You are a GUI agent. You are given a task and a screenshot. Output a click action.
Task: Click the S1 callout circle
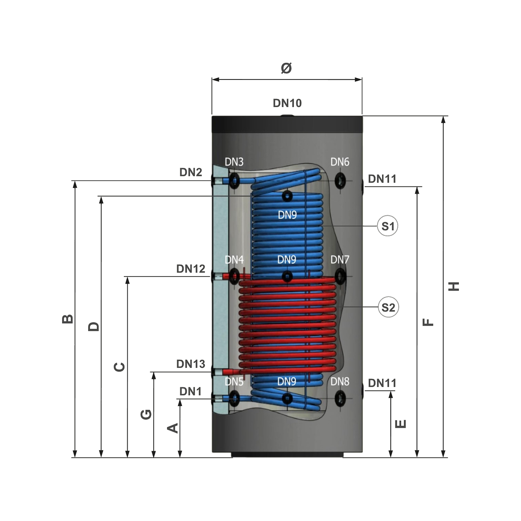387,226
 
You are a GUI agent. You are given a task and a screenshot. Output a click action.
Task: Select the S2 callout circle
388,307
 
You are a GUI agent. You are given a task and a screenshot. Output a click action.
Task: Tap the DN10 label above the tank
287,103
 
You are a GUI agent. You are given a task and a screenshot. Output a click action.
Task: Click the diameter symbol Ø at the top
286,68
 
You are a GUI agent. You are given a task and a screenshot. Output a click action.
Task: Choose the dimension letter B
68,319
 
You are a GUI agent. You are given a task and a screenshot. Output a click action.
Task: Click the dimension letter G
146,414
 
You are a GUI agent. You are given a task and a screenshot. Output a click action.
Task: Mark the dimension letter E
401,424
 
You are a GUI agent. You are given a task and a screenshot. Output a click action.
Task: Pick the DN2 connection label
191,172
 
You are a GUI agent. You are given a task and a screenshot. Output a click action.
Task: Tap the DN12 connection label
191,269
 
